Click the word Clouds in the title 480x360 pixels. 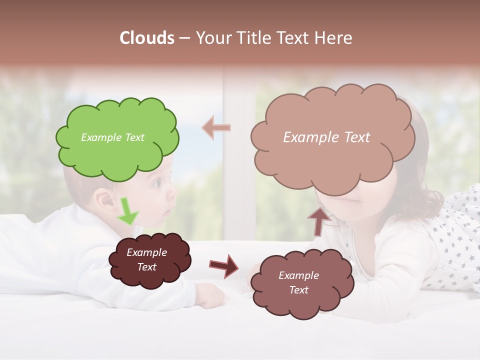click(x=147, y=38)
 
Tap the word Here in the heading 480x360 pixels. click(x=335, y=38)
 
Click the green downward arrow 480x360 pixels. click(x=128, y=211)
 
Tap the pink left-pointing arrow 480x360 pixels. click(x=216, y=127)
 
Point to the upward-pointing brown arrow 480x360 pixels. click(x=318, y=220)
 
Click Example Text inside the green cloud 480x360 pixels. click(x=112, y=137)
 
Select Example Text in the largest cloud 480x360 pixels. click(x=326, y=137)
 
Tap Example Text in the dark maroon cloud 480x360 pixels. click(x=146, y=260)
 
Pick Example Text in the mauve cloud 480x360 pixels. click(x=298, y=282)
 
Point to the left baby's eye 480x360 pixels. click(x=157, y=183)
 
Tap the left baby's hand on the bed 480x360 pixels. click(x=210, y=296)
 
